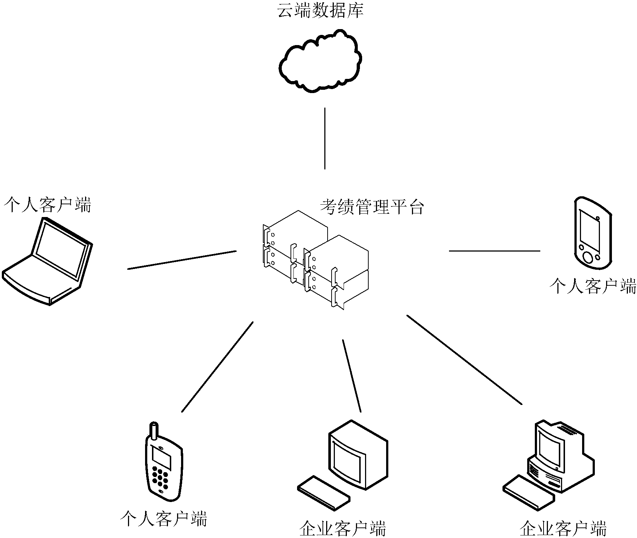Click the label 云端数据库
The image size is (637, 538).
click(320, 11)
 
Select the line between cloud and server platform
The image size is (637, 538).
click(325, 138)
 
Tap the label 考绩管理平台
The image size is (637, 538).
click(372, 207)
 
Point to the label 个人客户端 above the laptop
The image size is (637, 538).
click(47, 205)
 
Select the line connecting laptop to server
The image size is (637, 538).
click(182, 260)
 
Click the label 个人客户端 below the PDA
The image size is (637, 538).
click(593, 286)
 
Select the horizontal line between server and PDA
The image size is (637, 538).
click(494, 251)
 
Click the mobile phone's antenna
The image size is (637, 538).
click(154, 431)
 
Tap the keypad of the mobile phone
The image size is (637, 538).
click(160, 477)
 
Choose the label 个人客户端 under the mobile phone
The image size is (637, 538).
click(164, 519)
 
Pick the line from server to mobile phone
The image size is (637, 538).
click(217, 367)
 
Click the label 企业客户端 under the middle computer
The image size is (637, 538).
click(342, 528)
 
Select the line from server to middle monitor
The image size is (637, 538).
click(352, 376)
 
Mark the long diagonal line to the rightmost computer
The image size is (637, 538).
click(464, 360)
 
